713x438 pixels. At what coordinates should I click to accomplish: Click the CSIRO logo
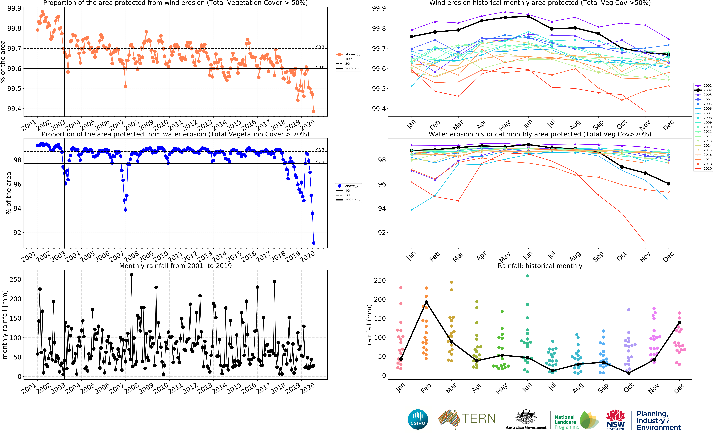coord(418,419)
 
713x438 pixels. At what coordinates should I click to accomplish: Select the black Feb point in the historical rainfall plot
coord(426,302)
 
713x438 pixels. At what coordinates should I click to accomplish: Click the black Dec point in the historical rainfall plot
coord(679,322)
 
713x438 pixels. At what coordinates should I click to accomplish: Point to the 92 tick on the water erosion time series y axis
coord(17,233)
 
